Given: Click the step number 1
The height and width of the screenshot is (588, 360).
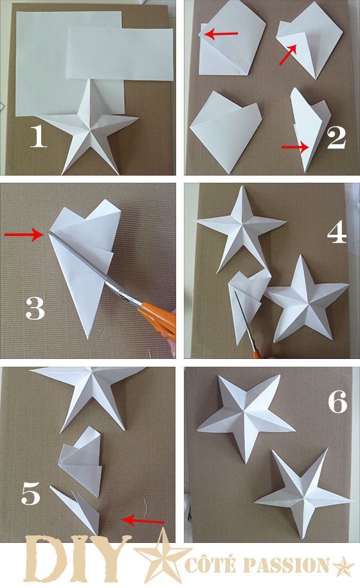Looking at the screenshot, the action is click(x=38, y=136).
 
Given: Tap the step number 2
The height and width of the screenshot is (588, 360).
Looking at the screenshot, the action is click(x=336, y=138).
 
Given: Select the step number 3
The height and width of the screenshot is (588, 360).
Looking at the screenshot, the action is click(x=35, y=308).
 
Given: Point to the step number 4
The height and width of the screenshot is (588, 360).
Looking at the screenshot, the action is click(x=337, y=232).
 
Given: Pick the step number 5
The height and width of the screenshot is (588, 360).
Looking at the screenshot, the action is click(x=31, y=493).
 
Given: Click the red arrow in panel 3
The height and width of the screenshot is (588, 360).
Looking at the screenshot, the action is click(x=24, y=235).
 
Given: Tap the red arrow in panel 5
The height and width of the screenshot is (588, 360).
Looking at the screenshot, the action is click(x=143, y=520).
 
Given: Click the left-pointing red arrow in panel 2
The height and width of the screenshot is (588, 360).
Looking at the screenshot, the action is click(x=221, y=34).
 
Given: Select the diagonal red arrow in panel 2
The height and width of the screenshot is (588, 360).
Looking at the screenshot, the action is click(x=289, y=54).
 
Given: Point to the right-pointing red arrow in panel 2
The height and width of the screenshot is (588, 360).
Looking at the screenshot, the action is click(x=295, y=147).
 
